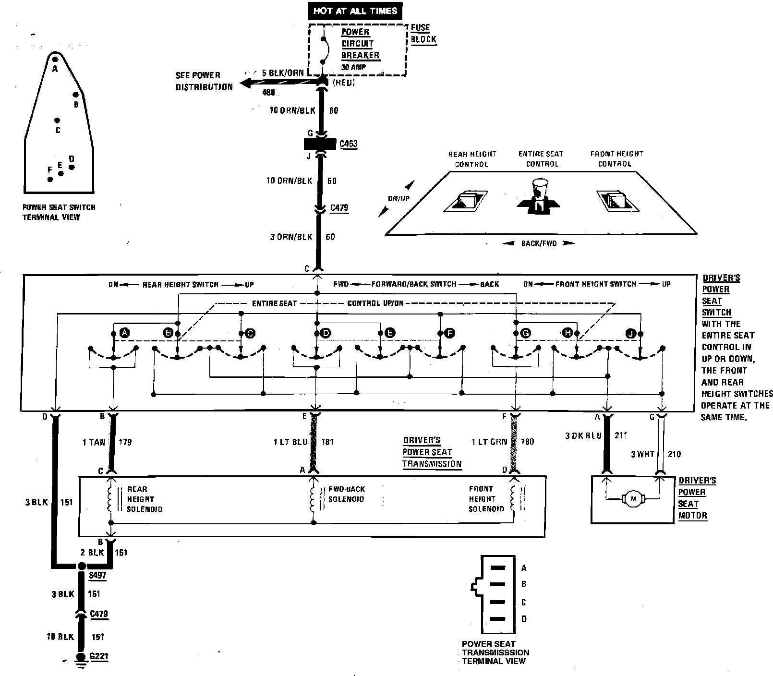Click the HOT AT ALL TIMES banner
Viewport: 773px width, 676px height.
tap(355, 11)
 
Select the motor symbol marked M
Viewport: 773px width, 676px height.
tap(633, 499)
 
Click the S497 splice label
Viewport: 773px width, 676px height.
tap(97, 575)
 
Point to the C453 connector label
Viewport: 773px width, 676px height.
tap(348, 144)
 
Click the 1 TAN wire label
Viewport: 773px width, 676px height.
tap(94, 442)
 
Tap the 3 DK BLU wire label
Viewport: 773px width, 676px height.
tap(583, 435)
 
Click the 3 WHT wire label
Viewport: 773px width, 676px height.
tap(642, 454)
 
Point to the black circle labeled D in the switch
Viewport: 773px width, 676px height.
tap(326, 333)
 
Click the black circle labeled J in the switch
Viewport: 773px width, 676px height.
tap(630, 333)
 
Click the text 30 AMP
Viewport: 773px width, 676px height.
tap(353, 67)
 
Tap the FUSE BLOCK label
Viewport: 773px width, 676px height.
tap(423, 34)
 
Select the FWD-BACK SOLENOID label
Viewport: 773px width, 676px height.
tap(346, 494)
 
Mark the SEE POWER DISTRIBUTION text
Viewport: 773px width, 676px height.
tap(204, 81)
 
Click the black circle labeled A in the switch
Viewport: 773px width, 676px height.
tap(124, 332)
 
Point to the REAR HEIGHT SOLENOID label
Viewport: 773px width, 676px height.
tap(145, 499)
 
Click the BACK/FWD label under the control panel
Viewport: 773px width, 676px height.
tap(539, 243)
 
